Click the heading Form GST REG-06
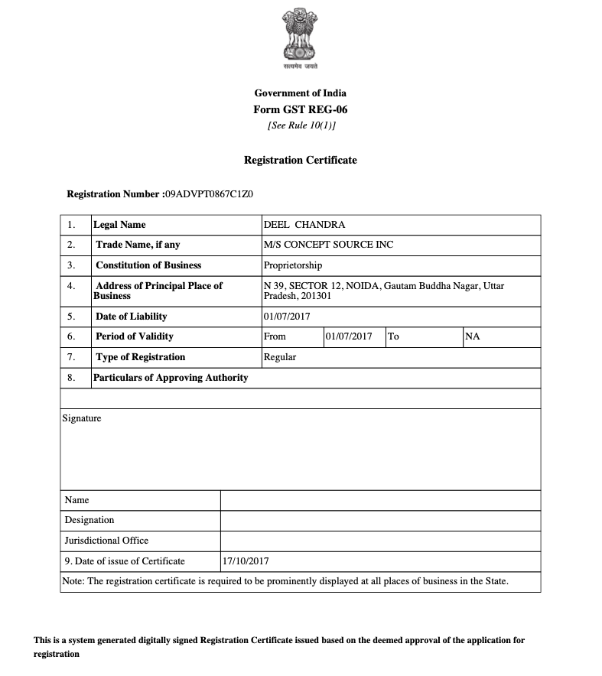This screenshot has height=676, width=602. (300, 109)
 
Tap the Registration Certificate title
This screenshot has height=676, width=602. (300, 161)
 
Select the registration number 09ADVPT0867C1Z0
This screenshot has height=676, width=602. (209, 194)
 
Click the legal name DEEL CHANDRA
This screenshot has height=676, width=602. (304, 225)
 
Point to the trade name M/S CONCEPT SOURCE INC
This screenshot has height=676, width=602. (328, 245)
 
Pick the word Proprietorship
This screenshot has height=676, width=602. (293, 265)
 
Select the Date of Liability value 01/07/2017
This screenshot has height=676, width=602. (287, 317)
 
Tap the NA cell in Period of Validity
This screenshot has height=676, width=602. (472, 336)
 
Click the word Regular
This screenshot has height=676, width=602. (280, 357)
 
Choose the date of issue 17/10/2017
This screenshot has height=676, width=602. (246, 561)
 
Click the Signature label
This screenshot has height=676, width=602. (81, 418)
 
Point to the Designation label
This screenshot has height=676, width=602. (89, 520)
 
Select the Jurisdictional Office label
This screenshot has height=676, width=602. (106, 541)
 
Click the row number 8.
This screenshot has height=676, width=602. (71, 378)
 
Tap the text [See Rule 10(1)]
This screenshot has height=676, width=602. (301, 125)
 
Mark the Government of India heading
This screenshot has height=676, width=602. (300, 93)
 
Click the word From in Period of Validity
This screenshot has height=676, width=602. (275, 336)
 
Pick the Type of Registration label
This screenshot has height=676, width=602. (141, 357)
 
